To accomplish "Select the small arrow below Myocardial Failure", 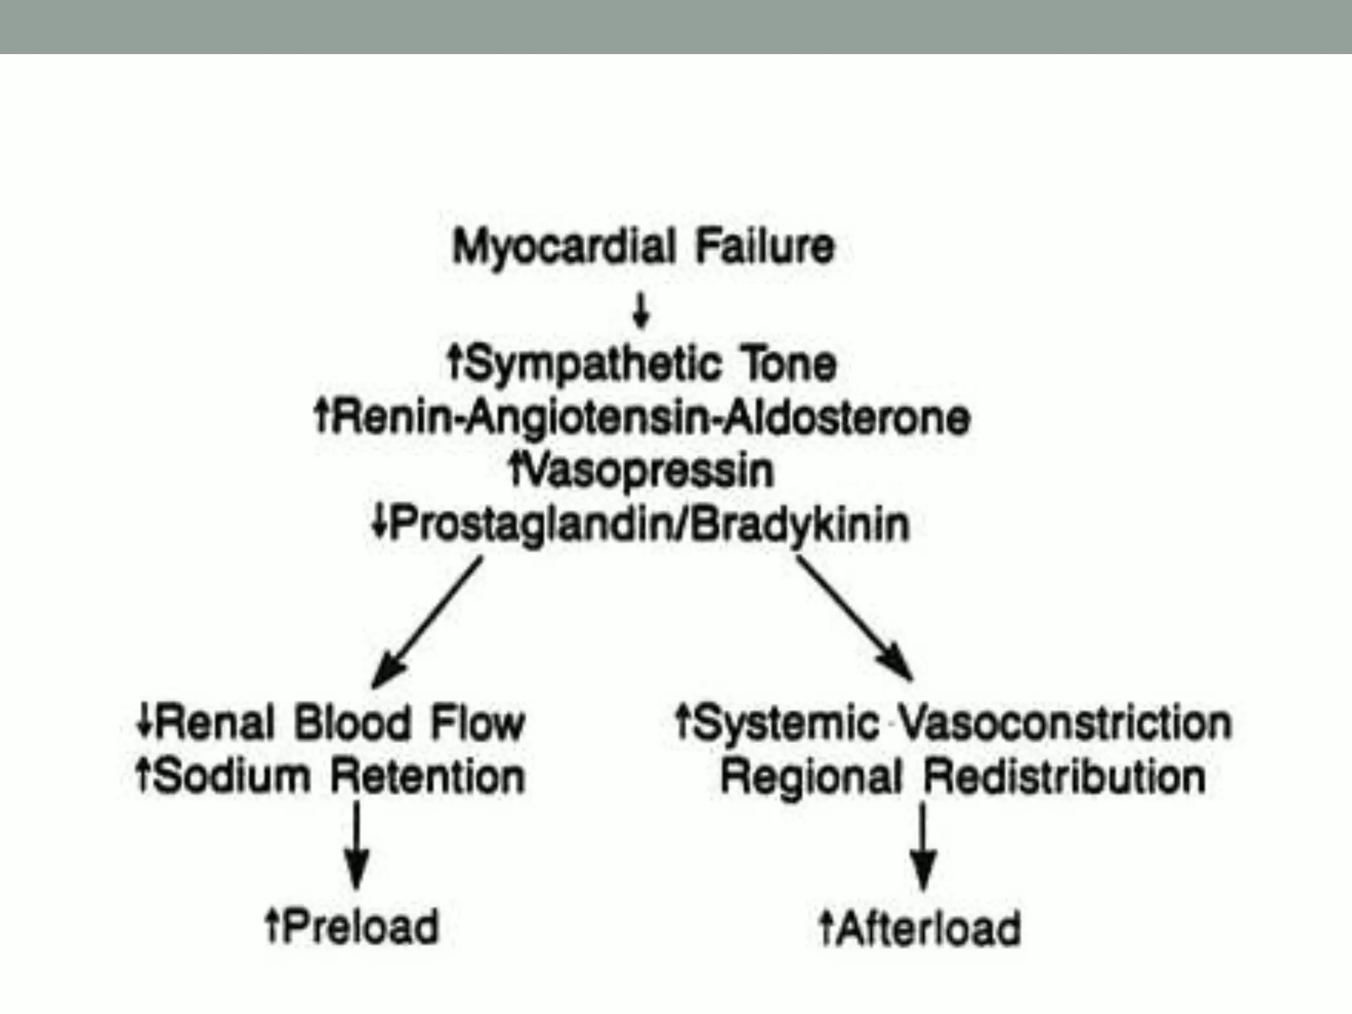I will pyautogui.click(x=640, y=311).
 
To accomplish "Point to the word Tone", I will pyautogui.click(x=789, y=364).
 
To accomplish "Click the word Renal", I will pyautogui.click(x=215, y=723).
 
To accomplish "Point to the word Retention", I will pyautogui.click(x=428, y=776).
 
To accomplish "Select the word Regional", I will pyautogui.click(x=811, y=777).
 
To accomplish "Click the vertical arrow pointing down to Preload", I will pyautogui.click(x=357, y=845).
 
